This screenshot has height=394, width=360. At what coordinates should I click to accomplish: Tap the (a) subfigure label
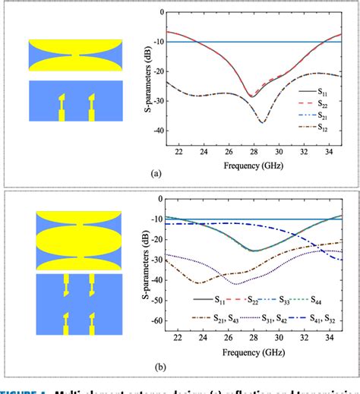click(x=157, y=174)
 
